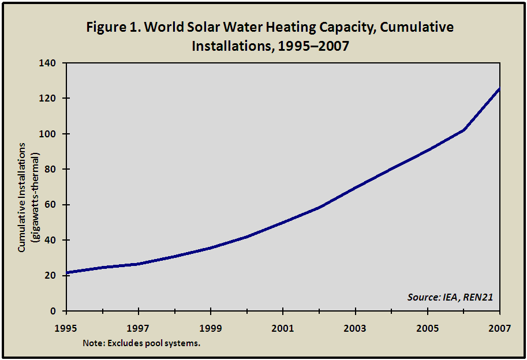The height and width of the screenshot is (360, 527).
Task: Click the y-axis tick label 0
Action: click(55, 311)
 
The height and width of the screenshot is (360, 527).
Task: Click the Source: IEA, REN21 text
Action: click(449, 297)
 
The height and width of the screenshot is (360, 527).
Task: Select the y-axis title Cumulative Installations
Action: click(22, 197)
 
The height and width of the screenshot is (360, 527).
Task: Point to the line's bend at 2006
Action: click(464, 130)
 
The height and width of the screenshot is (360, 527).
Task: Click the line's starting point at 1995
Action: click(67, 273)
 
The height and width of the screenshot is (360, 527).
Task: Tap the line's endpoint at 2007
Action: click(499, 88)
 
